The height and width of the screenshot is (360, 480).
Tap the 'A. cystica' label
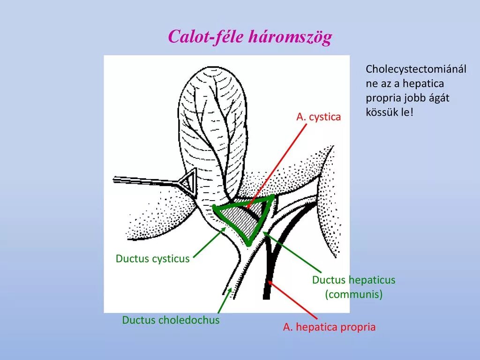pos(318,117)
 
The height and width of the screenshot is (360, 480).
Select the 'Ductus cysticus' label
pos(153,259)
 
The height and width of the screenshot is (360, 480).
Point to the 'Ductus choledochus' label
pos(171,320)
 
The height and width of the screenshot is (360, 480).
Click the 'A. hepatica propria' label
pos(329,327)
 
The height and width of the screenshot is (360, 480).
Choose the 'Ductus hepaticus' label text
pos(353,280)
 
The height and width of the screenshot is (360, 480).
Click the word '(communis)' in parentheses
pos(354,295)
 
